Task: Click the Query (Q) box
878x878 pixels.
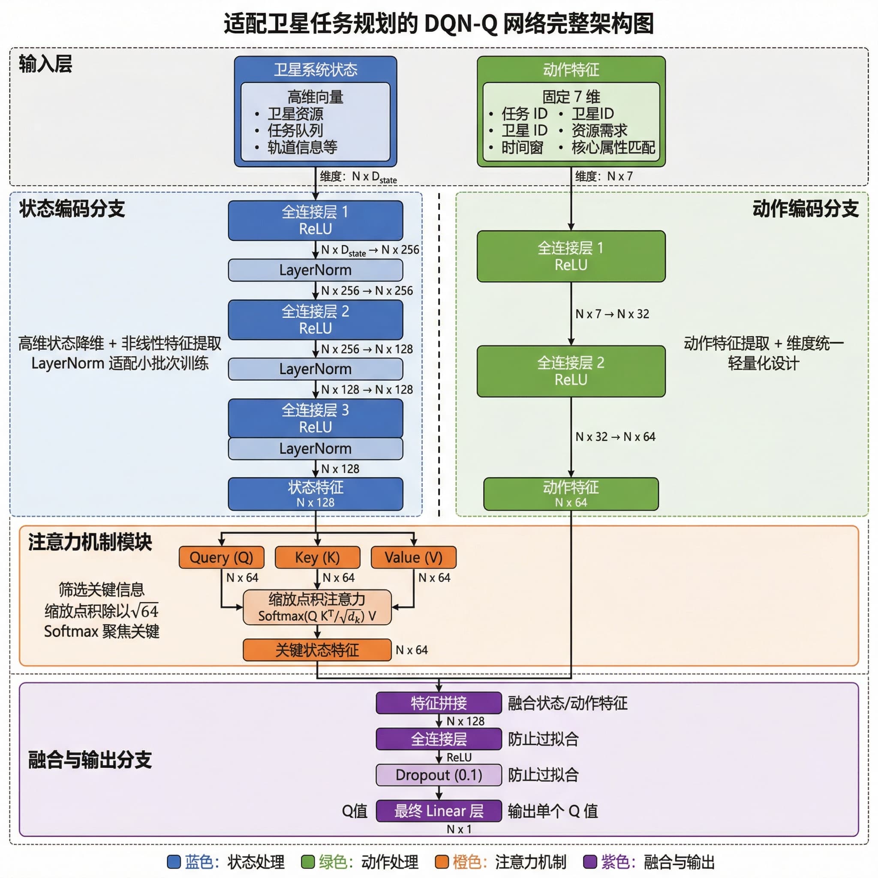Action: pos(221,557)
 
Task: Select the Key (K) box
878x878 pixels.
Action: pos(317,557)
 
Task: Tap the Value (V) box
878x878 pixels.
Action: pos(413,557)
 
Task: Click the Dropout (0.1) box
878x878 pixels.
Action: pos(439,775)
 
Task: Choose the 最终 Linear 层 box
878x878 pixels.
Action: pos(439,811)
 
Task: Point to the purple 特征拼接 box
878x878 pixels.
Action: pos(439,703)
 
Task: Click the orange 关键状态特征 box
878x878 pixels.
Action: pos(317,650)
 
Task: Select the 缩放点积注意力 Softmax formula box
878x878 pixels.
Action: pos(317,607)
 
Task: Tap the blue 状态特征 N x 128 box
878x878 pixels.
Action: pos(316,494)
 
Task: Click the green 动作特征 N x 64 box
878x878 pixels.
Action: pos(571,494)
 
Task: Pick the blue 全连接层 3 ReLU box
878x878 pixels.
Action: pos(316,418)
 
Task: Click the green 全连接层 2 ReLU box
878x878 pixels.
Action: pos(571,371)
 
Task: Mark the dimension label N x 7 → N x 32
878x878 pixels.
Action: pos(612,314)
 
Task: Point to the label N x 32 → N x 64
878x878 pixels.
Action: pos(615,437)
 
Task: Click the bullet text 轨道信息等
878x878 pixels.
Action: pos(302,147)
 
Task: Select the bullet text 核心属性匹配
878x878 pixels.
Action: pos(613,147)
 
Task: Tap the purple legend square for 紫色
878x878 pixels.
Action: pos(590,862)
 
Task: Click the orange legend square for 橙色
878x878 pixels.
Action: pos(442,862)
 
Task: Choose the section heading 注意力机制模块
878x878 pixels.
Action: pos(90,542)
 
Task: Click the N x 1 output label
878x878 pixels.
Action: pos(459,830)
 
